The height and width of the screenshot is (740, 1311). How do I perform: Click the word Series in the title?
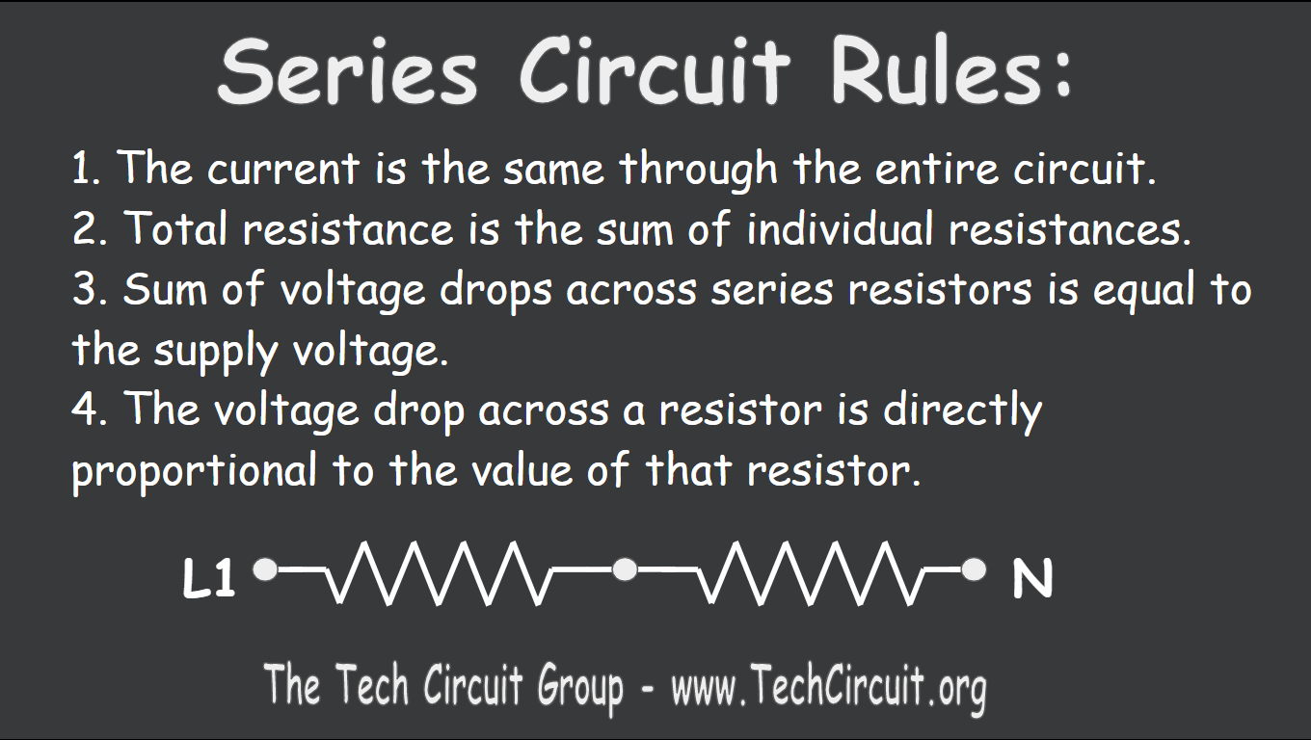(347, 71)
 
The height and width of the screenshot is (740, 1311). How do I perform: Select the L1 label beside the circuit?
(209, 580)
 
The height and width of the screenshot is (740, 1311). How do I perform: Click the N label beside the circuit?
(1031, 580)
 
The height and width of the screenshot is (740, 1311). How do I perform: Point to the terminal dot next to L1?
(265, 570)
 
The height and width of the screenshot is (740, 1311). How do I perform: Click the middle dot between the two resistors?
(625, 570)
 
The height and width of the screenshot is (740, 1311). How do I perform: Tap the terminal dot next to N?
(975, 570)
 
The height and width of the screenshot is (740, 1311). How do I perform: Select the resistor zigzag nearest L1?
(434, 572)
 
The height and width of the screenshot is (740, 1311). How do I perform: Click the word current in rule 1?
(282, 171)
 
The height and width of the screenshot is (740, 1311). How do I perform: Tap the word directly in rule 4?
(963, 411)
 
